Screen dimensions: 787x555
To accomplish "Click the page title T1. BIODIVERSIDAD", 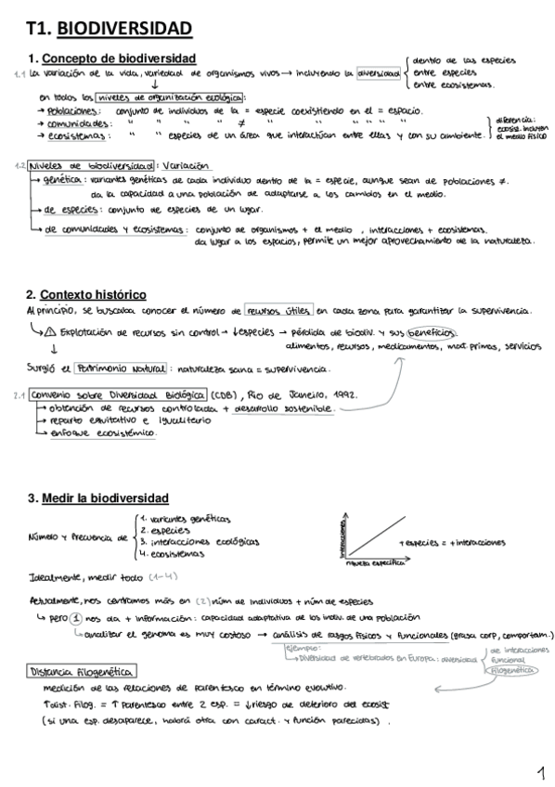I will point(110,31).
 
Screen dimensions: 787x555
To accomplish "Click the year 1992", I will point(343,393).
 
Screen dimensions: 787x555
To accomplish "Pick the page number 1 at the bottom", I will point(540,771).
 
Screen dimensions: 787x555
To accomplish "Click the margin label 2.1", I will point(19,393).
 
